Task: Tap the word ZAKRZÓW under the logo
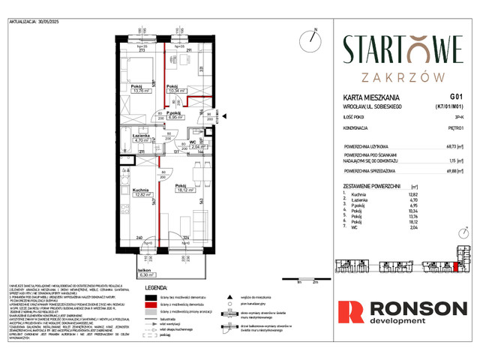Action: [x=403, y=76]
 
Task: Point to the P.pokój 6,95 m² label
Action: [x=176, y=115]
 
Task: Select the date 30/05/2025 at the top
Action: [x=59, y=22]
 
